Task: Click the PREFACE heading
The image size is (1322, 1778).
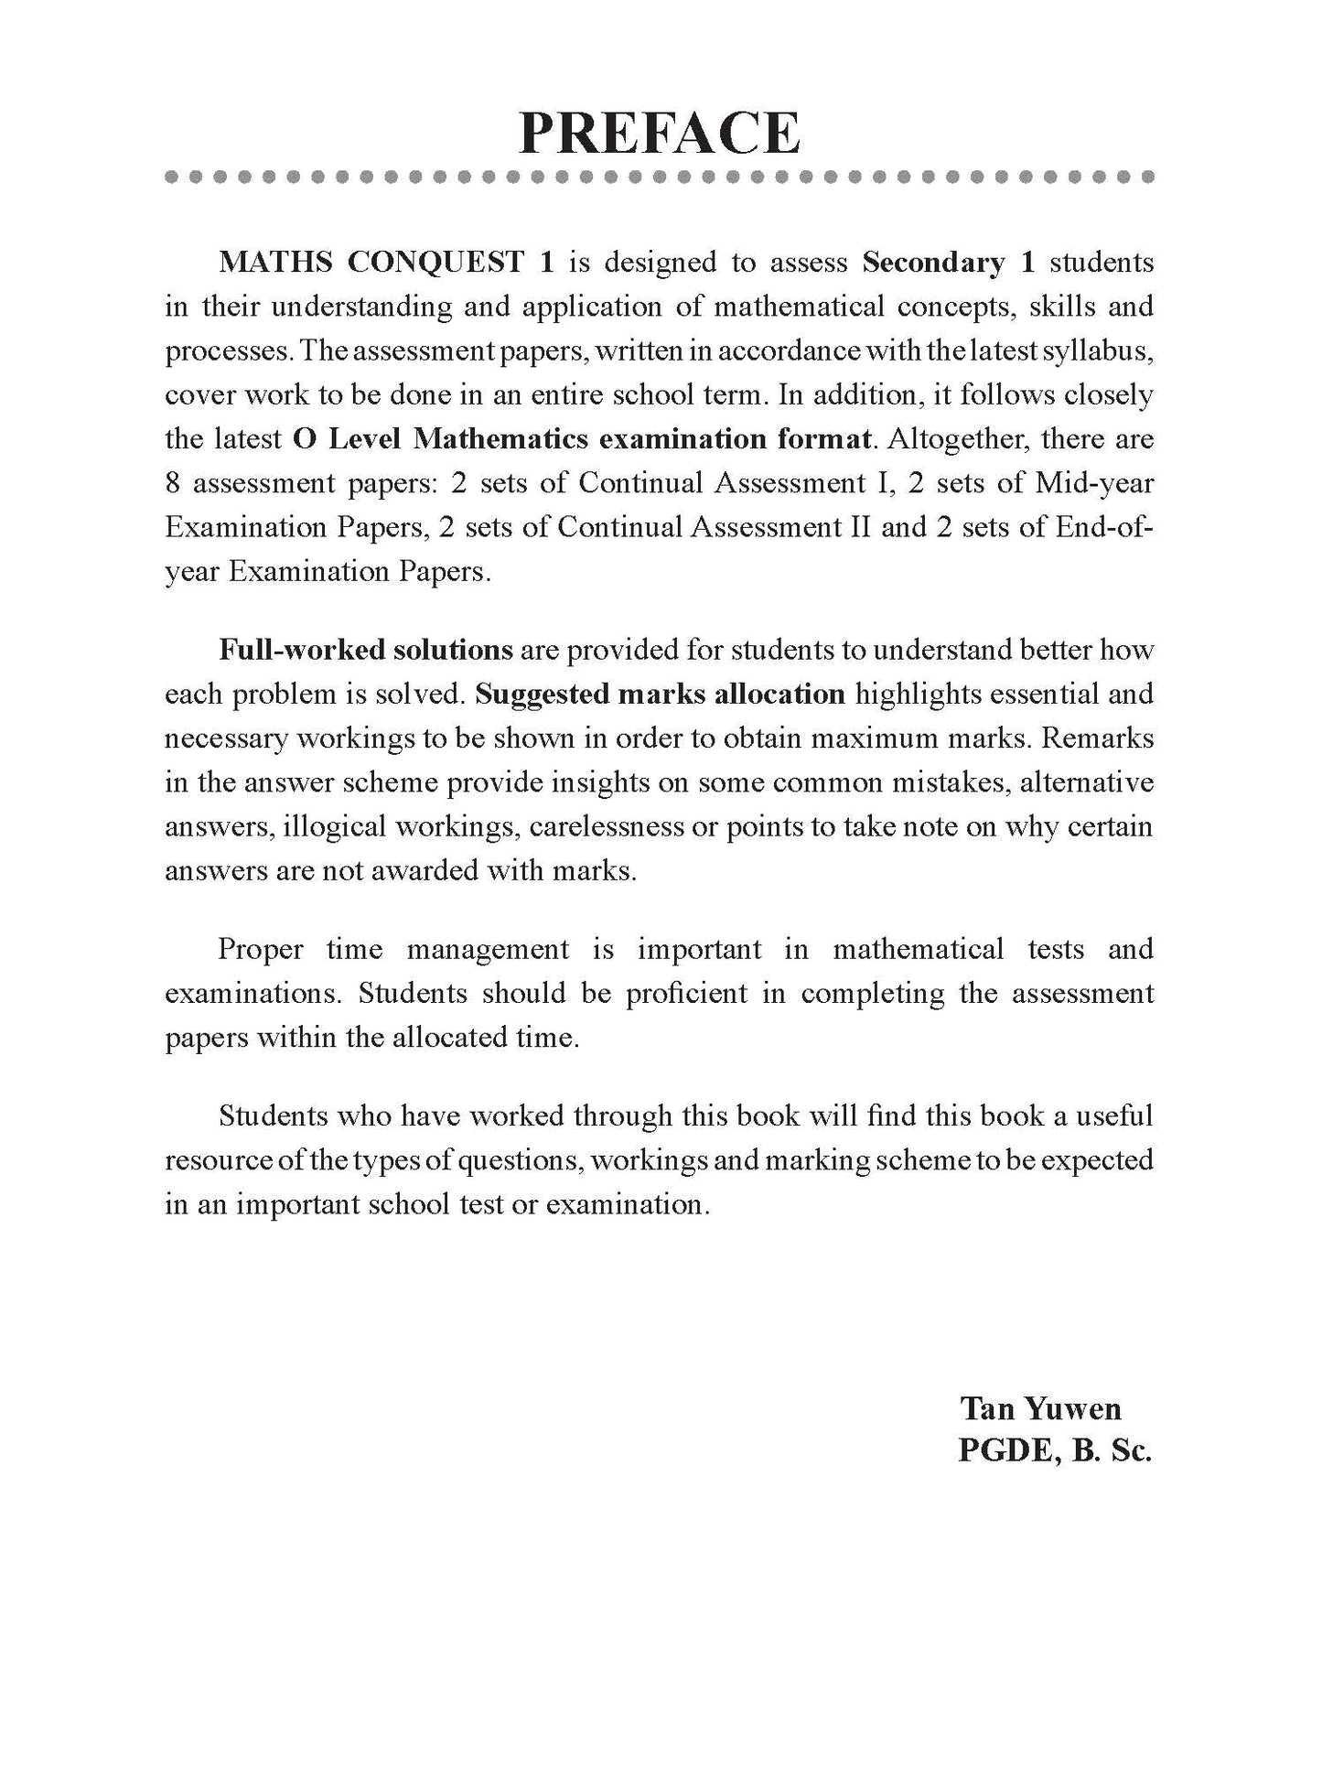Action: click(x=660, y=134)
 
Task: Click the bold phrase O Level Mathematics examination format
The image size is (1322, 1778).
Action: click(x=581, y=439)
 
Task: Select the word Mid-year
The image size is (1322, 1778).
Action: click(x=1094, y=483)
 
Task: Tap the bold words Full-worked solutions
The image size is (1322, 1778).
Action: click(x=366, y=650)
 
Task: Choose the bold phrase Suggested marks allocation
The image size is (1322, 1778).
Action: click(x=661, y=694)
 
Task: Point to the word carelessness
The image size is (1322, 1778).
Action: click(x=618, y=826)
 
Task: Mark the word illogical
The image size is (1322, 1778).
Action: click(x=335, y=826)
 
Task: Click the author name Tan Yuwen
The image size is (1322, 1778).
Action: click(x=1040, y=1408)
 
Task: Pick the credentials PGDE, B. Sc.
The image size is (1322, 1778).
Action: click(x=1054, y=1452)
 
